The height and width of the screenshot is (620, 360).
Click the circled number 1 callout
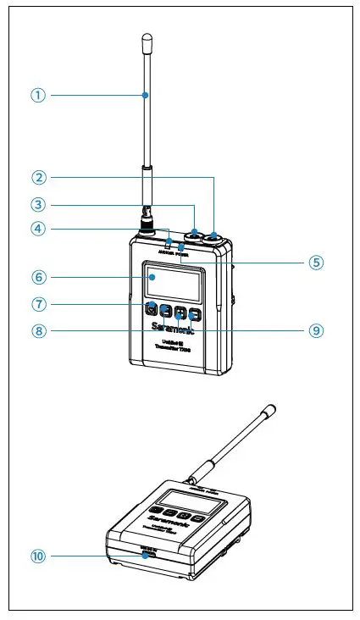[x=37, y=95]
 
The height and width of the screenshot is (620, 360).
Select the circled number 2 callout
[x=37, y=177]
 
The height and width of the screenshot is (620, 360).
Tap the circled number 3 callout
[x=37, y=204]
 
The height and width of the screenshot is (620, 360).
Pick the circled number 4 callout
[x=37, y=229]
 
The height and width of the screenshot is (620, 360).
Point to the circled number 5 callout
[x=316, y=262]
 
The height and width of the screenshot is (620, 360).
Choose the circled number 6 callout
[x=37, y=276]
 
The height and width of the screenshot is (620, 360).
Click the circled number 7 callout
[x=37, y=304]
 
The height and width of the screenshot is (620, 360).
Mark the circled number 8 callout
[x=37, y=331]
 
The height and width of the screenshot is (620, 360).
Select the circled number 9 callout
[x=316, y=331]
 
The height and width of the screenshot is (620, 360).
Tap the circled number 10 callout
[x=37, y=556]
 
